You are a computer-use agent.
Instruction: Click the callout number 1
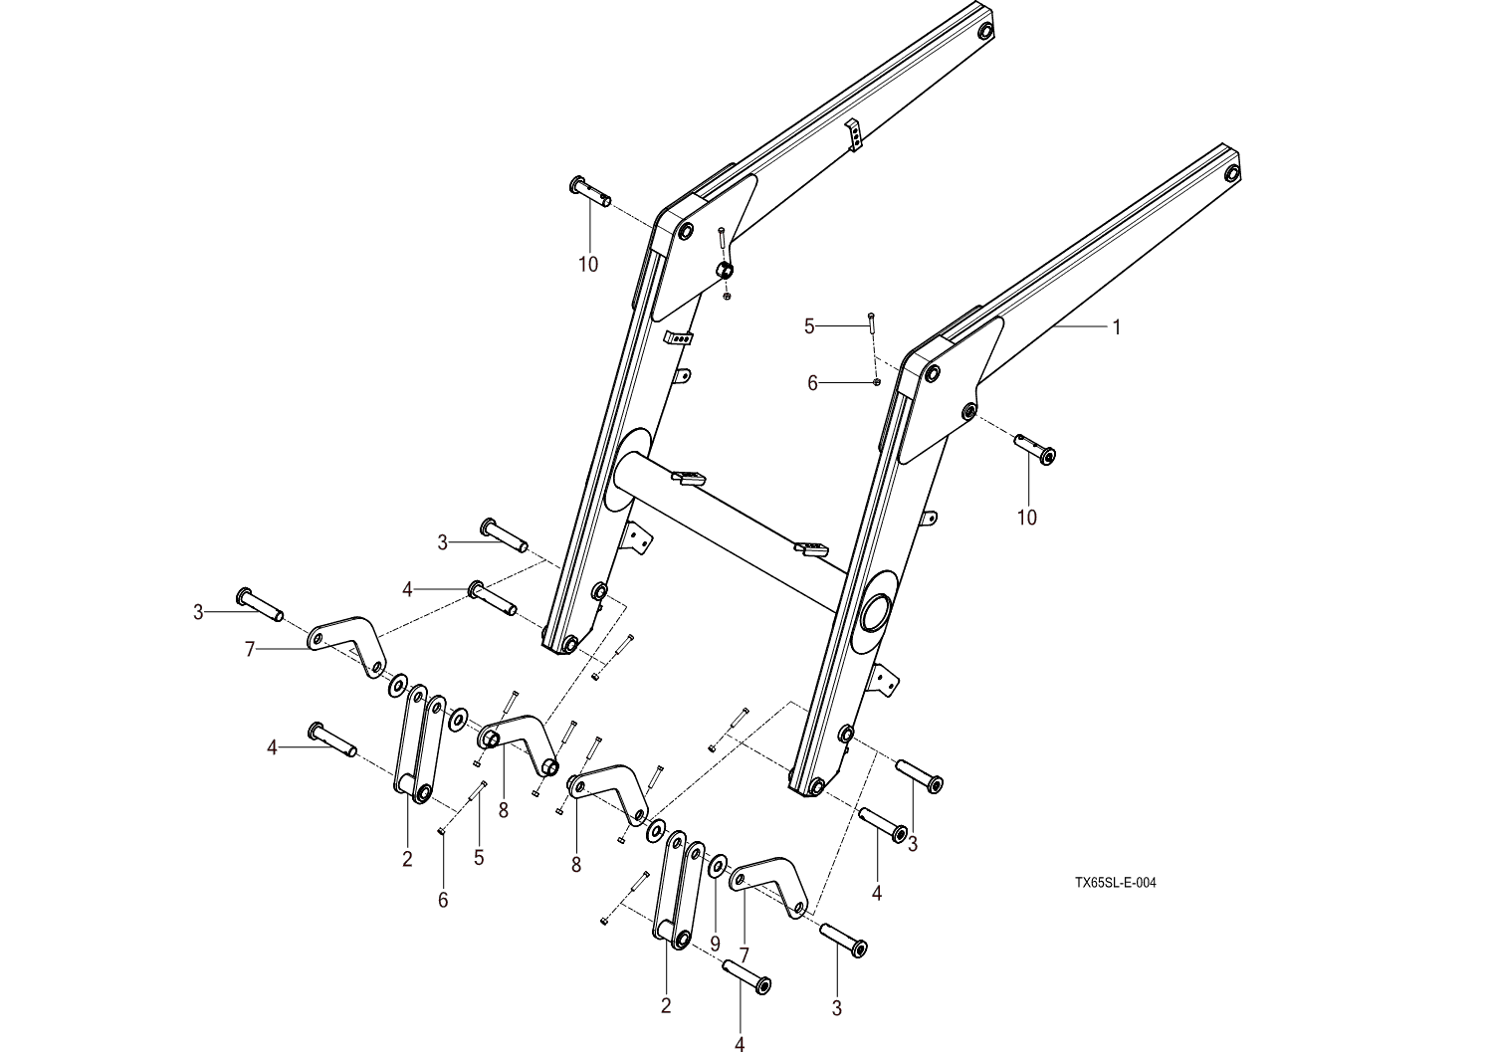1117,326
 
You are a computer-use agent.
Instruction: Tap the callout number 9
715,942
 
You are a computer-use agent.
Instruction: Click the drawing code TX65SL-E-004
1115,882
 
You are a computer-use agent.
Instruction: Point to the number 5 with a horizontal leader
809,325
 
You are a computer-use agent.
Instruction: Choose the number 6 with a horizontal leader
812,383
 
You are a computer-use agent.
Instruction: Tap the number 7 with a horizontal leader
250,650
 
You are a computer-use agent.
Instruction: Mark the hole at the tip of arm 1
1232,174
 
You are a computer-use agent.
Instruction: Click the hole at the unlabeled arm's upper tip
985,31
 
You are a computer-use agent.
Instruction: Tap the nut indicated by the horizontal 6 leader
875,381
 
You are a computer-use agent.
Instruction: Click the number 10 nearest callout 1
1026,518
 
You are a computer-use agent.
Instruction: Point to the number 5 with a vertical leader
479,857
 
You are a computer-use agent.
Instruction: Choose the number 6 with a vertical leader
443,900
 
